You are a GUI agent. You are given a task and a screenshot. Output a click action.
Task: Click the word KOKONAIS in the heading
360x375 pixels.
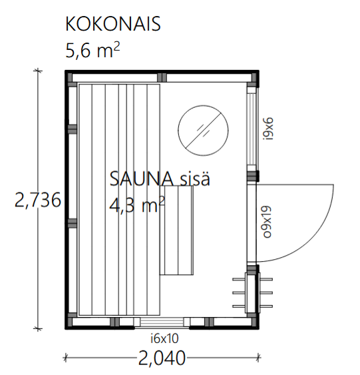coord(112,24)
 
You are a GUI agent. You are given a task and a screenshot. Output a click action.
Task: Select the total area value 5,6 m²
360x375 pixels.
coord(92,50)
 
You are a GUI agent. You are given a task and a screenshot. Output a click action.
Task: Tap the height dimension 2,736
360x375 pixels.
coord(38,200)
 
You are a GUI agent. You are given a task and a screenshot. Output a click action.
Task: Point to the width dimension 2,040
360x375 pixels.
coord(162,358)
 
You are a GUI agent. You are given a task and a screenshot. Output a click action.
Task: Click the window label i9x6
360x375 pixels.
coord(268,129)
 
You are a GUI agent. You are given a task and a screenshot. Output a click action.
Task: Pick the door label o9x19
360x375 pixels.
coord(267,221)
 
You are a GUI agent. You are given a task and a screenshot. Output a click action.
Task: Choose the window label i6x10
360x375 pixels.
coord(164,338)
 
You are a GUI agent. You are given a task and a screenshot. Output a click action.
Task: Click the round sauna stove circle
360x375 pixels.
coord(203,105)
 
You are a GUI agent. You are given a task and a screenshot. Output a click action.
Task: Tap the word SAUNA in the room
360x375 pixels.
coord(142,179)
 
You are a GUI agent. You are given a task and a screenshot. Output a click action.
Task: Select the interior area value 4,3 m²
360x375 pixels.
coord(137,205)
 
